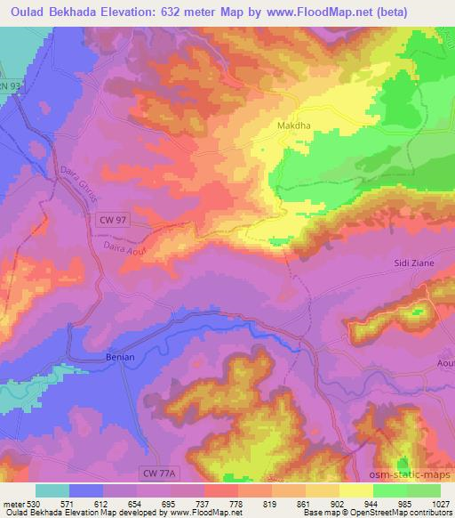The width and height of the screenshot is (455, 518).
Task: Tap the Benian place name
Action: [115, 357]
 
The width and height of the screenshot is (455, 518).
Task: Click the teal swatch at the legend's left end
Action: [52, 490]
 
